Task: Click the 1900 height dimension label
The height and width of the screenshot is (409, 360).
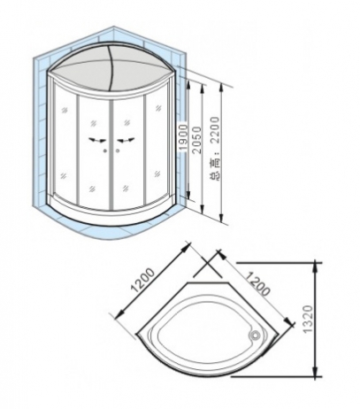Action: coord(183,138)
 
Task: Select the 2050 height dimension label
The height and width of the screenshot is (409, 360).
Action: coord(196,140)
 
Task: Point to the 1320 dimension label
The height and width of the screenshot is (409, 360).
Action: coord(308,320)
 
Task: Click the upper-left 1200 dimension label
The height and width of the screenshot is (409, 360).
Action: coord(142,280)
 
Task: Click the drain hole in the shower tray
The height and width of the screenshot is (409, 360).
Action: coord(254,336)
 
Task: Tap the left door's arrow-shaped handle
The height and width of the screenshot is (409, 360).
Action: coord(97,140)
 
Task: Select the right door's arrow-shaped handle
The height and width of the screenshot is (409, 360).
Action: coord(126,141)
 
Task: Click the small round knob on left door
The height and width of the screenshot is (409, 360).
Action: coord(105,151)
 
